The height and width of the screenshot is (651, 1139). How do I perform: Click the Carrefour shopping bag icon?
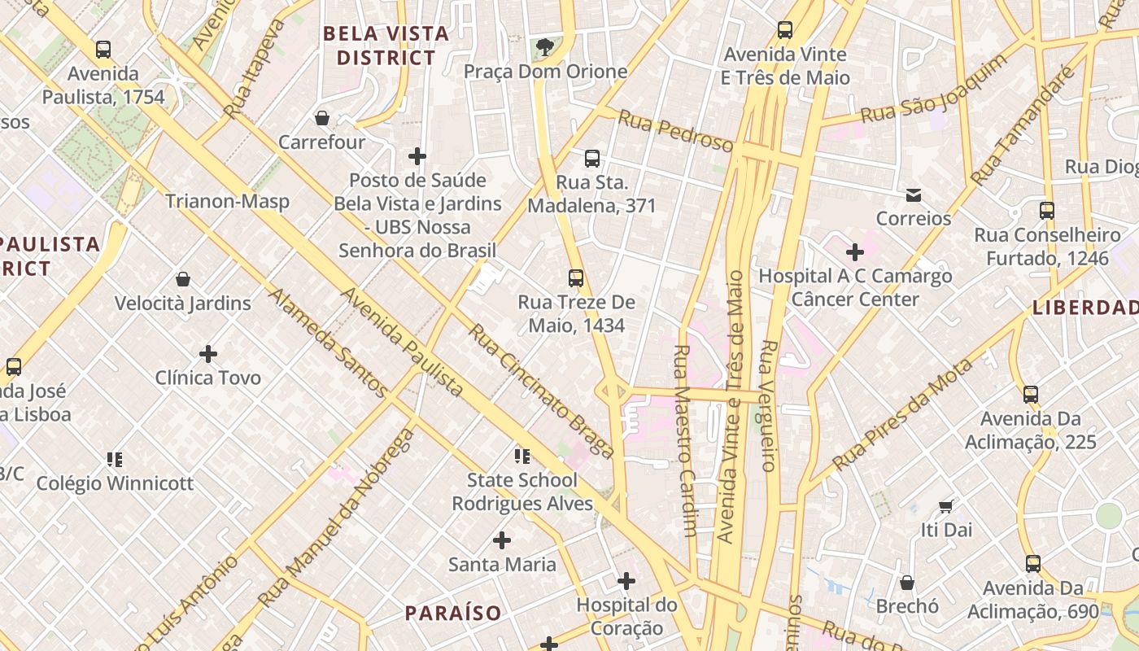322,119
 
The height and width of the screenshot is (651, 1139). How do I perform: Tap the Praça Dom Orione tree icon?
544,47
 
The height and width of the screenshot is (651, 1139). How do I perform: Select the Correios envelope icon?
913,195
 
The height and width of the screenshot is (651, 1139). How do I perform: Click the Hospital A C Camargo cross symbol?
855,252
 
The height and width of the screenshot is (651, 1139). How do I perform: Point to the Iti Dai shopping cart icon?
945,506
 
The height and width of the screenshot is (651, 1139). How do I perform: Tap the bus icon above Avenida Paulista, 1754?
103,50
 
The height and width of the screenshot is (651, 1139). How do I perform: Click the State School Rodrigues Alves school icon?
521,456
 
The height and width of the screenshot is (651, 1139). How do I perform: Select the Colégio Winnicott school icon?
115,460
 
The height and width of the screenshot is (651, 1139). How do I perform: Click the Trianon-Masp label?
227,201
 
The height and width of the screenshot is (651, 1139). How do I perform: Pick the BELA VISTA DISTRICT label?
386,46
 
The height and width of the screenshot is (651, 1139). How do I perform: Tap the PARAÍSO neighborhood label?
453,613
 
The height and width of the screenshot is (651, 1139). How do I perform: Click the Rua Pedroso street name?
675,131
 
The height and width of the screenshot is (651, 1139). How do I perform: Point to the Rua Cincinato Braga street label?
541,391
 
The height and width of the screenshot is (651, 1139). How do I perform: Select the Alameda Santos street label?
318,343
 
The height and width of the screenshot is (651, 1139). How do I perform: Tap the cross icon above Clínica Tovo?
208,354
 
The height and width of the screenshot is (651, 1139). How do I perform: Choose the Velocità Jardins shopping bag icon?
183,280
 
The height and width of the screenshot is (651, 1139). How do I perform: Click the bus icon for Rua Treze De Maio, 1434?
576,278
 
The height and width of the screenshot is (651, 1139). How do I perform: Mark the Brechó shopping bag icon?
907,583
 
